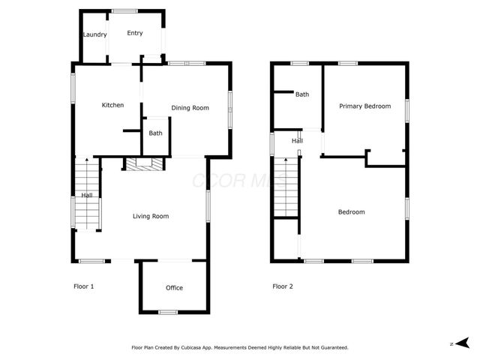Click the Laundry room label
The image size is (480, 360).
click(94, 34)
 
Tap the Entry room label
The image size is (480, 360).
click(135, 33)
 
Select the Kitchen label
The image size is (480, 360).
click(112, 105)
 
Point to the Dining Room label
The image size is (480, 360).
click(190, 108)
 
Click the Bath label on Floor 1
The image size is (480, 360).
click(155, 133)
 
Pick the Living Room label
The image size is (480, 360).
click(151, 217)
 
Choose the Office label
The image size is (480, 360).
click(174, 288)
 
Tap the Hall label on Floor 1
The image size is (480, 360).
click(87, 196)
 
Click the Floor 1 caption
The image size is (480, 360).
click(83, 286)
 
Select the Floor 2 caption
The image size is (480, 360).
click(283, 286)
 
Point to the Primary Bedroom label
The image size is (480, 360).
click(364, 106)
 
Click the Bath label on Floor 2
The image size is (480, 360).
click(302, 94)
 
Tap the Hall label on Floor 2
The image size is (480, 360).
click(297, 141)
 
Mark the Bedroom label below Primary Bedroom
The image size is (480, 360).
click(351, 212)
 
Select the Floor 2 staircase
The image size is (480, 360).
click(286, 187)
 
